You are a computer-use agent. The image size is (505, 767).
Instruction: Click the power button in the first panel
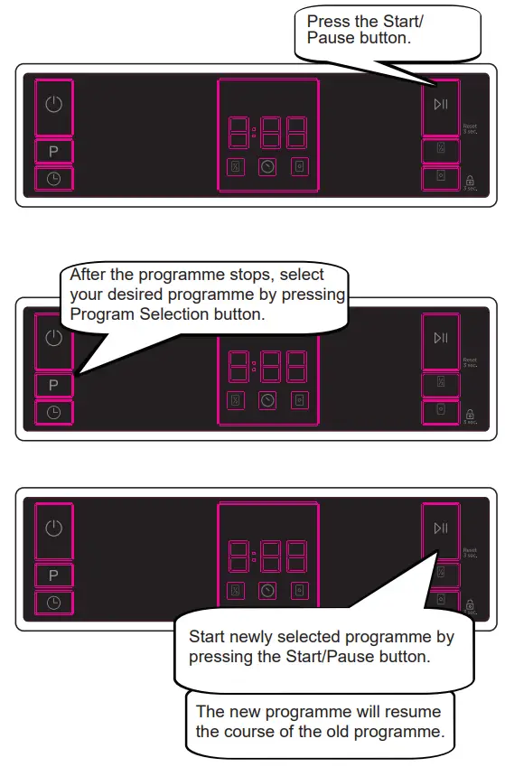(x=53, y=106)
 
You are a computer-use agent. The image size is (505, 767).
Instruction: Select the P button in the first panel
(x=53, y=152)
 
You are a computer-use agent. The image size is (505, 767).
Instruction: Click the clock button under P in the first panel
(x=53, y=179)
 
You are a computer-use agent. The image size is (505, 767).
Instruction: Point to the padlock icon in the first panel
(x=470, y=180)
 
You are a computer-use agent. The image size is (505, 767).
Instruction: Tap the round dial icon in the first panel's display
(x=267, y=166)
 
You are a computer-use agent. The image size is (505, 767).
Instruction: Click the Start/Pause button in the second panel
(x=440, y=338)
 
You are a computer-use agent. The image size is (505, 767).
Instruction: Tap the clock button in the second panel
(x=53, y=412)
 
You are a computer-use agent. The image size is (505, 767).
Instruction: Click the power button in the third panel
(x=53, y=528)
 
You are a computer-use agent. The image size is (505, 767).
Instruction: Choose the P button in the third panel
(x=53, y=575)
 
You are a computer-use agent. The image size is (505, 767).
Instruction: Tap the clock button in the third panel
(x=53, y=603)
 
